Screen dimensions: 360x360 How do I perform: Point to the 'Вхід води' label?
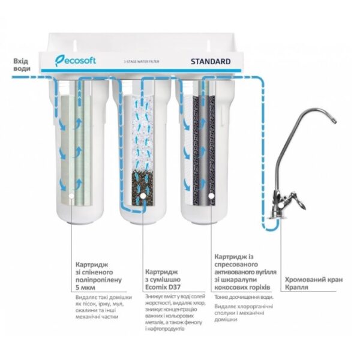click(x=22, y=65)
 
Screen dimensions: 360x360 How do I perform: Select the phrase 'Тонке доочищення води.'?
click(x=244, y=297)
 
